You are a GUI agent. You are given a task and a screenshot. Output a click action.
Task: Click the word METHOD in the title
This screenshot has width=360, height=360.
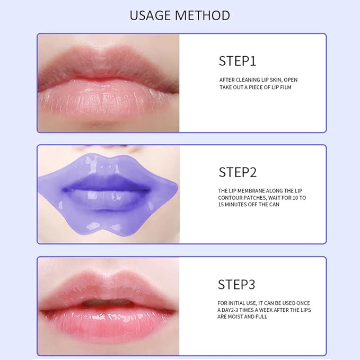click(x=204, y=15)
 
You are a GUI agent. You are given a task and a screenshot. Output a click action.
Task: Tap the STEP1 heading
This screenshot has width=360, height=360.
click(x=237, y=61)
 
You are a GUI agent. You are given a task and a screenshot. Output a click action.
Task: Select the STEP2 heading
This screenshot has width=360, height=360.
click(x=238, y=172)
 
